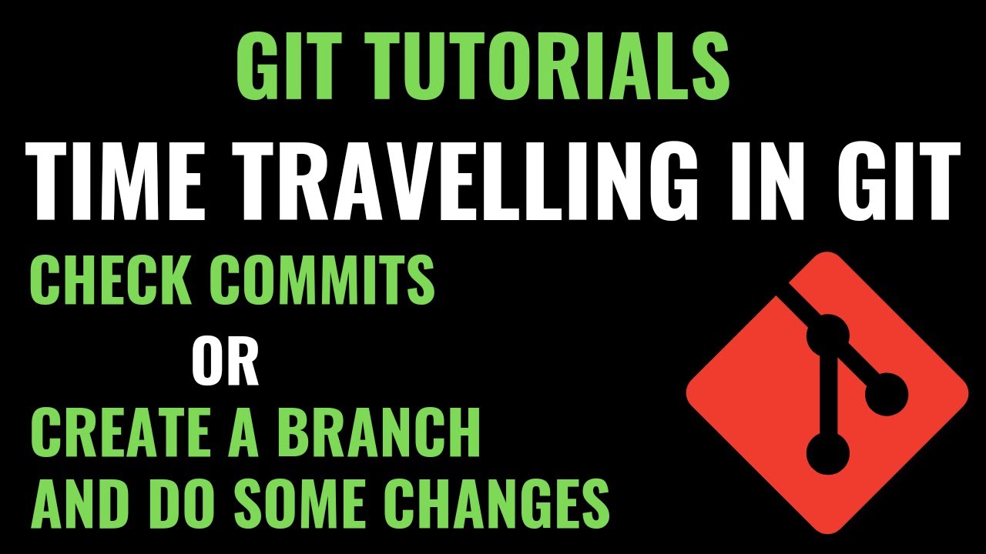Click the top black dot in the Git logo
coord(827,335)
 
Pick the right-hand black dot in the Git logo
coord(887,394)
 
